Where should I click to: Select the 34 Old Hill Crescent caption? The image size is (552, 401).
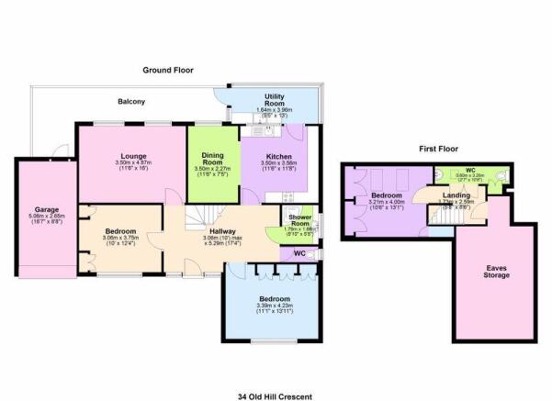tap(276, 395)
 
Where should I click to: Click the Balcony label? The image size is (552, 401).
tap(130, 101)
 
